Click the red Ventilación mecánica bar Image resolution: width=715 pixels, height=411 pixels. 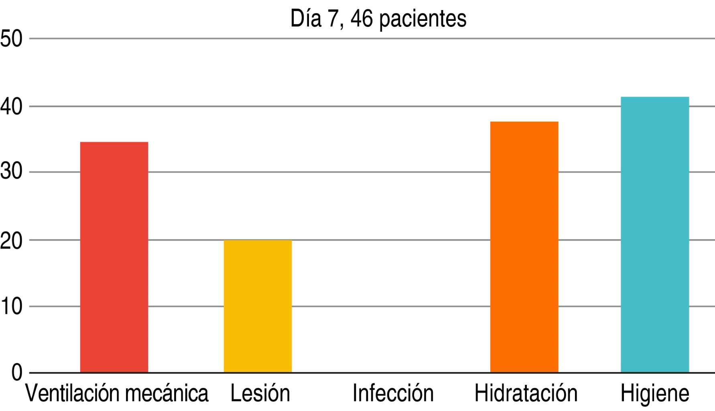tap(114, 257)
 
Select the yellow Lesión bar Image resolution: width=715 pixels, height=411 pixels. tap(258, 306)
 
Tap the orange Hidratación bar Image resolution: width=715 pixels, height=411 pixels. tap(524, 247)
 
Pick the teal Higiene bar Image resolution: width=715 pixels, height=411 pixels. tap(654, 234)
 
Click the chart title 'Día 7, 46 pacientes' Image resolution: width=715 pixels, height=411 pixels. tap(378, 18)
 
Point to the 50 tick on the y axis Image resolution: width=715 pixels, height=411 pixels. tap(11, 39)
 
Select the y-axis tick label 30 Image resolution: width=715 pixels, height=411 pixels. tap(11, 172)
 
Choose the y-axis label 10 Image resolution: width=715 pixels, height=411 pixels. tap(11, 307)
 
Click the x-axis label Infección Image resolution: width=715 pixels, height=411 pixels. tap(393, 393)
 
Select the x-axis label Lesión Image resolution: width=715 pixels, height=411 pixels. tap(260, 393)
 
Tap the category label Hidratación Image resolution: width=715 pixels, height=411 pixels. tap(526, 393)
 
